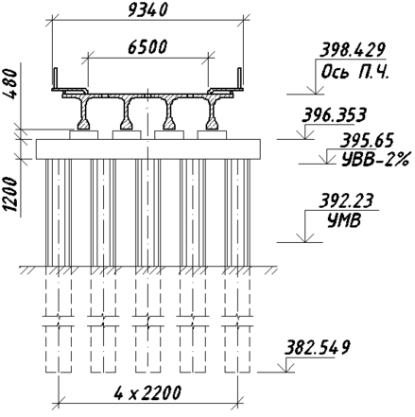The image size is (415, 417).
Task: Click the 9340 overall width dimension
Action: click(x=148, y=9)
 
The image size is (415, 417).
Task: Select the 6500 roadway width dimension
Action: click(x=147, y=47)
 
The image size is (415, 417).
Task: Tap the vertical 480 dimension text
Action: click(x=9, y=84)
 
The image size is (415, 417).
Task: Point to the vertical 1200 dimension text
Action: click(x=9, y=194)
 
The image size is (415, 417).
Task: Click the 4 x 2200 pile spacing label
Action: click(x=147, y=392)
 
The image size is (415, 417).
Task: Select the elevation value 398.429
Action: click(x=353, y=50)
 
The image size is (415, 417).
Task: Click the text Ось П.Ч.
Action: click(x=355, y=72)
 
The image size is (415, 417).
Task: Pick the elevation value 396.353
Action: click(x=335, y=115)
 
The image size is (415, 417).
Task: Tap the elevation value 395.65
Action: click(x=367, y=140)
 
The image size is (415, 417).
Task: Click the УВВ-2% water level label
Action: click(x=375, y=159)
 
